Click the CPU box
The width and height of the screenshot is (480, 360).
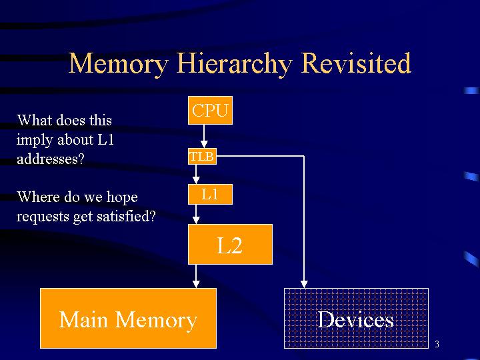tap(210, 110)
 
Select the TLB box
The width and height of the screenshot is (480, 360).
tap(202, 156)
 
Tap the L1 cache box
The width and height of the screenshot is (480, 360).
tap(210, 194)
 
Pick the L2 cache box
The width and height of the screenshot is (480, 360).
tap(230, 244)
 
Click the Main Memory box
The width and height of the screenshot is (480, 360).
tap(128, 319)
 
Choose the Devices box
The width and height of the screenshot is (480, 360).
tap(356, 319)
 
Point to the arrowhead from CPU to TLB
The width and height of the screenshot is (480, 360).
tap(204, 144)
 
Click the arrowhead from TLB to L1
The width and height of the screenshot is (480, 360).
tap(196, 180)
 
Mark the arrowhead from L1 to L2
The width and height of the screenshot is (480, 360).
tap(196, 220)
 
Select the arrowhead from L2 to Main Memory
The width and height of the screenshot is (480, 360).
tap(196, 284)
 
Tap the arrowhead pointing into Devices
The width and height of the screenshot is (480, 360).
tap(304, 284)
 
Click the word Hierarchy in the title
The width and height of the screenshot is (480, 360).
tap(234, 64)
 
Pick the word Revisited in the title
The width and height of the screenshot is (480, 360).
tap(356, 63)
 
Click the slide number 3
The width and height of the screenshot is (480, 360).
tap(437, 344)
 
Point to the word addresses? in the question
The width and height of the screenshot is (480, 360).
tap(51, 159)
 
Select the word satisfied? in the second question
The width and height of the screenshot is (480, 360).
tap(127, 216)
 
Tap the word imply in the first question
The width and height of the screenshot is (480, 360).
tap(34, 140)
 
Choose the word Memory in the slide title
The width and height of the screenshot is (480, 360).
tap(119, 64)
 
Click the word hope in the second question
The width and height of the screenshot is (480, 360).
tap(122, 197)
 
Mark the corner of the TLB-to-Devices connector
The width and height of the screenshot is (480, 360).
tap(304, 156)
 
